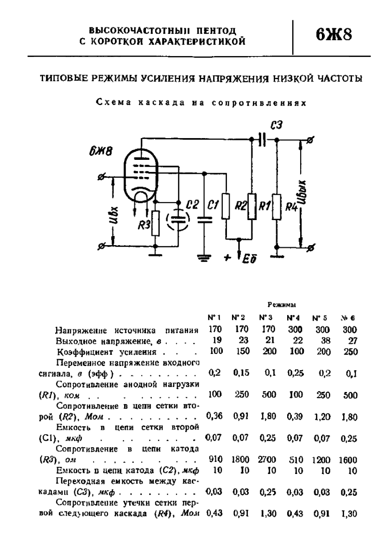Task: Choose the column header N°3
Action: [265, 319]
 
